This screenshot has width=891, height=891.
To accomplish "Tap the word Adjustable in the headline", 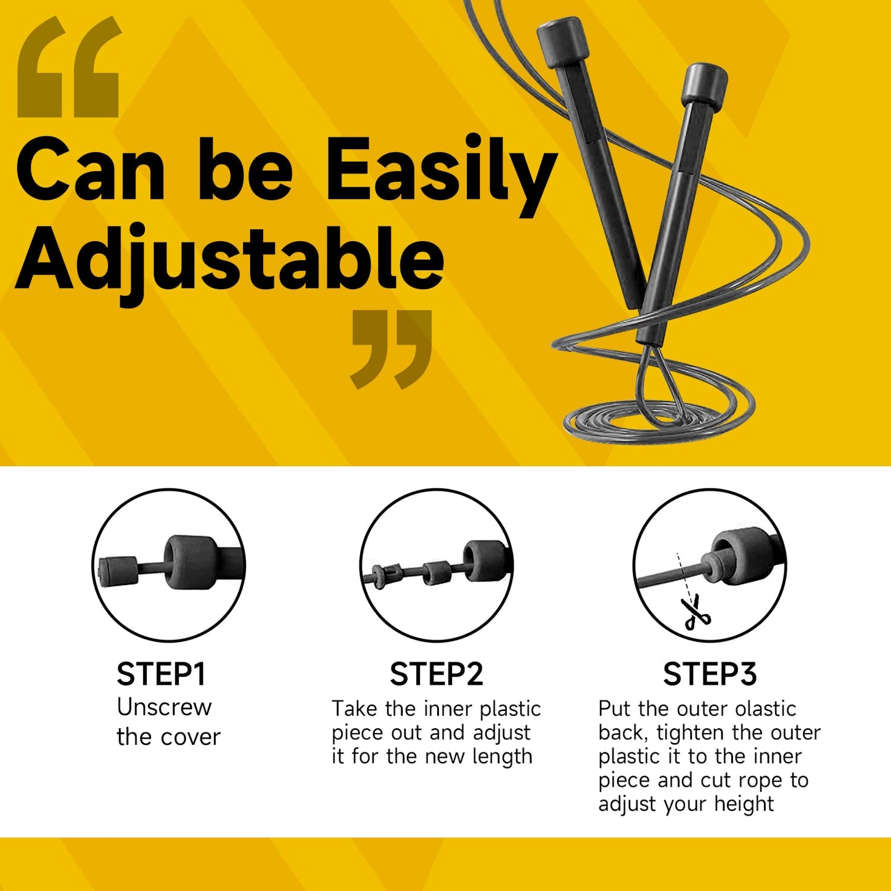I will (229, 259).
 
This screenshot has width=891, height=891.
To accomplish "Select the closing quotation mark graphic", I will (392, 349).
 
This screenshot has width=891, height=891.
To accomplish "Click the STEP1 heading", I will (161, 674).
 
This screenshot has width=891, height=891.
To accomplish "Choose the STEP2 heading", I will (437, 674).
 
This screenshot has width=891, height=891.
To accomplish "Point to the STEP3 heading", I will (710, 674).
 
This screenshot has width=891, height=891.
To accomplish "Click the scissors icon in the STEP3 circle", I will (697, 612).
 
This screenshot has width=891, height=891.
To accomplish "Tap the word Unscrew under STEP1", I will (164, 707).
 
